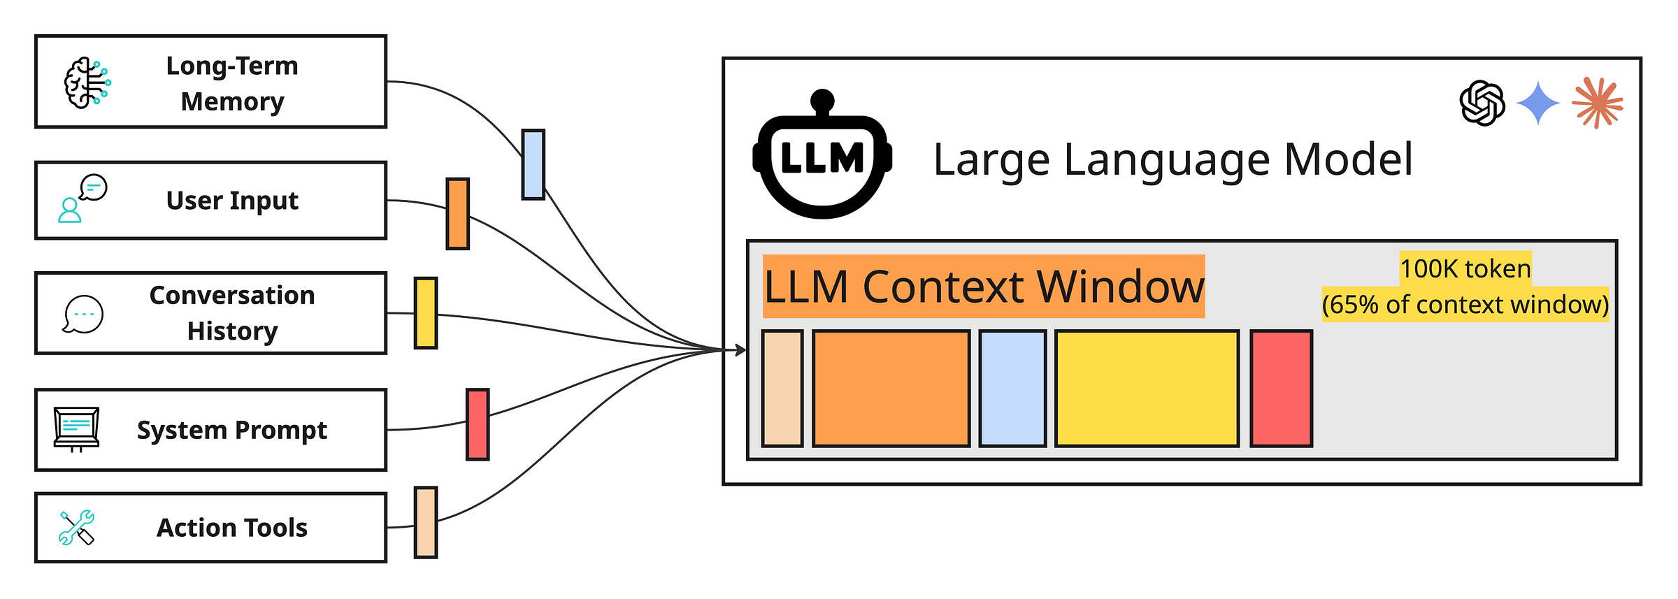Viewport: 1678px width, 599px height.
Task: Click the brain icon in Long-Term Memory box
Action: click(87, 82)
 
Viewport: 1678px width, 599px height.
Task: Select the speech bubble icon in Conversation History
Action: click(83, 315)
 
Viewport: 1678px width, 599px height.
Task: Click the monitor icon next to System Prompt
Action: click(77, 428)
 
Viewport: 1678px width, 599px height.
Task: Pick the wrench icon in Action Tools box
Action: click(77, 528)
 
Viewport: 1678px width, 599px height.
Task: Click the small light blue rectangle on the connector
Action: click(533, 164)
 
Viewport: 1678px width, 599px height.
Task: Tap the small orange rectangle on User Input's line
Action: click(457, 213)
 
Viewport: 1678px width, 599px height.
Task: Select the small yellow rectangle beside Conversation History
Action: click(425, 312)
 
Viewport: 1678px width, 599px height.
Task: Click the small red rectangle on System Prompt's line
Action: click(478, 424)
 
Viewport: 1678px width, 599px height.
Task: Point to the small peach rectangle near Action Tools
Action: click(425, 522)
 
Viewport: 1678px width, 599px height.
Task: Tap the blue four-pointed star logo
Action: click(1538, 103)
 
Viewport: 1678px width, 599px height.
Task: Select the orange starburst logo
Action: click(1597, 103)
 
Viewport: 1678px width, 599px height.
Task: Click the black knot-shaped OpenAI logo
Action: click(1482, 103)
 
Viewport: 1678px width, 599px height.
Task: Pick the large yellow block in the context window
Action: click(1147, 388)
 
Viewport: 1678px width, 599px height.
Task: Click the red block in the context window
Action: click(1281, 388)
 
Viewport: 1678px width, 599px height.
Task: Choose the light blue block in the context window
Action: click(1012, 388)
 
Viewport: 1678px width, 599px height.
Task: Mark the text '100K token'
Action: click(1465, 268)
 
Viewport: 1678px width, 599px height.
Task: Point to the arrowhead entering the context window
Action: click(741, 349)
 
